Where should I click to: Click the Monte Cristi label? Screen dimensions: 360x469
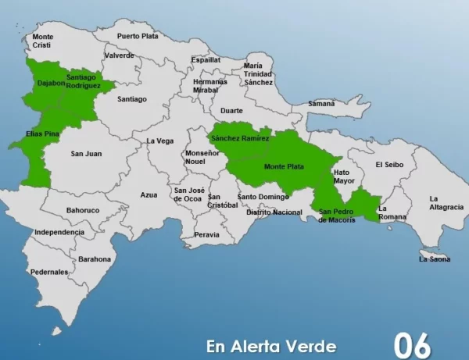[x=43, y=41]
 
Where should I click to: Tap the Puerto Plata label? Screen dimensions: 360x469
[x=138, y=36]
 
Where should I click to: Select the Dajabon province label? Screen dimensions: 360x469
[x=50, y=83]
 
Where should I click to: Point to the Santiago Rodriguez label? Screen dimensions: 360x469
[x=84, y=81]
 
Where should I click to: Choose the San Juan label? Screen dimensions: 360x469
[x=86, y=153]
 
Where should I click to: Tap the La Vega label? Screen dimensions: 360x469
[x=159, y=141]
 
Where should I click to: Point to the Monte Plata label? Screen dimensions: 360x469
[x=285, y=166]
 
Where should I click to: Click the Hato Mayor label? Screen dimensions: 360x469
[x=344, y=176]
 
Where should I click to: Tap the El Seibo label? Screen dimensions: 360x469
[x=388, y=165]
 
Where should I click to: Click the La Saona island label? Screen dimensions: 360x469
[x=435, y=258]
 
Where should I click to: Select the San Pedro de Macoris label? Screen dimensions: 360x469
[x=337, y=216]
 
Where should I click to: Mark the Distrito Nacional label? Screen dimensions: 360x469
[x=274, y=212]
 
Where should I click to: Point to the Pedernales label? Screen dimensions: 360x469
[x=49, y=272]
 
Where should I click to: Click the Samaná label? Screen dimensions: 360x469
[x=321, y=103]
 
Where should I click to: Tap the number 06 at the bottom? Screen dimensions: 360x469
[x=412, y=344]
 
